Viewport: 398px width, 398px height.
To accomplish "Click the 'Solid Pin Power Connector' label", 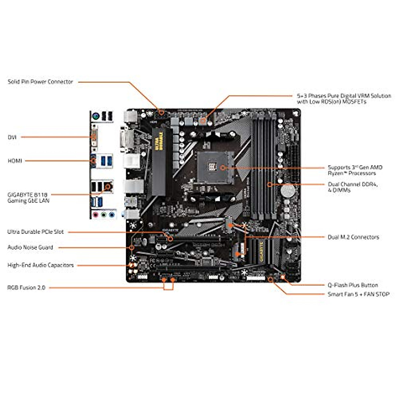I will pos(40,82).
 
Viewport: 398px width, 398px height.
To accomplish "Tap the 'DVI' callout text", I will pos(12,137).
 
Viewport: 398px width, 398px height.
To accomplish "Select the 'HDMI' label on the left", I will pos(15,161).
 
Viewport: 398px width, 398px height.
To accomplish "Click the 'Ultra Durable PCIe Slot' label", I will pos(35,232).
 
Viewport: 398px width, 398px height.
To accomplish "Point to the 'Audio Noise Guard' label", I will pos(30,247).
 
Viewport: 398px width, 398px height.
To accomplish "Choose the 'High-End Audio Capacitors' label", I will pos(40,265).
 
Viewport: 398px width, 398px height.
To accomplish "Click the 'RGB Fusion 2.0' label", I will pos(26,288).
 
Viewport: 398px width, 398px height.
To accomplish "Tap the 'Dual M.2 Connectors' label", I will pos(353,237).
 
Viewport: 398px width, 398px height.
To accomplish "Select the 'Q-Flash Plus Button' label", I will pos(353,285).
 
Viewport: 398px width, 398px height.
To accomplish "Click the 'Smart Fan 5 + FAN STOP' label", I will pos(359,294).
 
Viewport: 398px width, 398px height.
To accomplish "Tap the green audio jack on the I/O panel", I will pos(104,215).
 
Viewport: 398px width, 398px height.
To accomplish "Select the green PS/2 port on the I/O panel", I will pos(96,116).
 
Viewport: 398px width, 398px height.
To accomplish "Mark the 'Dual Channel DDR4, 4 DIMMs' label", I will pos(353,187).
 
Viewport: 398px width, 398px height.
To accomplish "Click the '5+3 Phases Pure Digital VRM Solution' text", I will pos(344,96).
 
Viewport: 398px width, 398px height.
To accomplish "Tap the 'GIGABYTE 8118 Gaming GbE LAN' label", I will pos(28,198).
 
